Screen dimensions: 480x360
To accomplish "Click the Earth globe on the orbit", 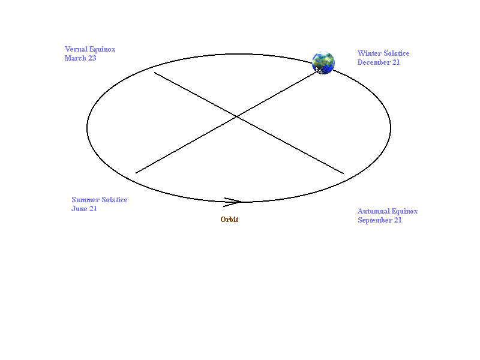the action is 323,63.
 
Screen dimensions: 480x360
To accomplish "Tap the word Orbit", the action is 229,220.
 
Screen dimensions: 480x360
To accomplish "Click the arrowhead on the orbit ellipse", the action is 233,202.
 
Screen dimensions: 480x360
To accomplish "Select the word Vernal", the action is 76,49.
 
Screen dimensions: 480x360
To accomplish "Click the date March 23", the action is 80,58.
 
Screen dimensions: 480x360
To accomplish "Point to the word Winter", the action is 370,53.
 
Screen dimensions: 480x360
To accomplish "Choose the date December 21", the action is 379,62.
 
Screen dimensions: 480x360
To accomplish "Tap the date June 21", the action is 84,209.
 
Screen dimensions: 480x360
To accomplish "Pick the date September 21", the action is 380,220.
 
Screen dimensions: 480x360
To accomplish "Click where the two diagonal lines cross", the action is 237,116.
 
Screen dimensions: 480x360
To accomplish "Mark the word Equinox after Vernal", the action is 103,50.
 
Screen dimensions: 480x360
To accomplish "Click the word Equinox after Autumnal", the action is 404,212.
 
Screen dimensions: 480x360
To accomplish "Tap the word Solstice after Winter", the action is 397,53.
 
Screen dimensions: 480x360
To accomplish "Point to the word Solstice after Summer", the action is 115,200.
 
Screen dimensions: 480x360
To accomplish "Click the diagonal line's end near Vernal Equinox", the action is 154,73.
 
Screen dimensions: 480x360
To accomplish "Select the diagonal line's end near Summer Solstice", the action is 136,173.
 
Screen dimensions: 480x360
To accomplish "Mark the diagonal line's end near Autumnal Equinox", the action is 343,173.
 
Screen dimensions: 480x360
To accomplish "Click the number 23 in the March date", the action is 92,58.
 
